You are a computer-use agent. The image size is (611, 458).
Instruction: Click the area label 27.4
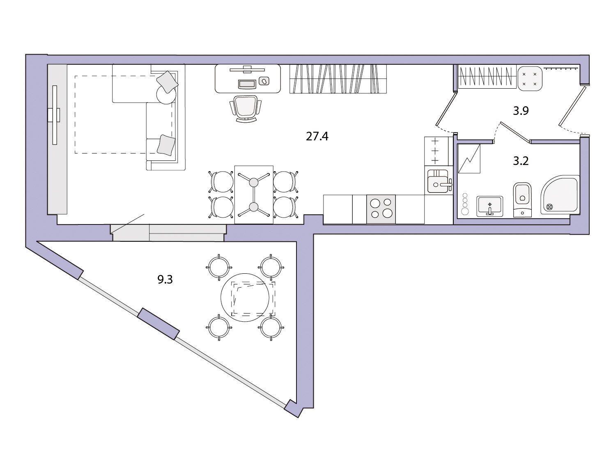(317, 137)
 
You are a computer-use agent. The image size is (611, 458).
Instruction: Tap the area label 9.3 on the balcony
(165, 279)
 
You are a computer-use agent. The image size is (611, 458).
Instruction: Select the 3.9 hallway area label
(521, 111)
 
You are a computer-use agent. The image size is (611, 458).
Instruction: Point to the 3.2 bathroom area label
(521, 161)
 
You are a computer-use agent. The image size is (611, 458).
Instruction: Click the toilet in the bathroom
(522, 199)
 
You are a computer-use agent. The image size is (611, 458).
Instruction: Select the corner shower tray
(560, 195)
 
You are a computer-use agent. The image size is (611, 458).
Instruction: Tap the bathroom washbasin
(489, 206)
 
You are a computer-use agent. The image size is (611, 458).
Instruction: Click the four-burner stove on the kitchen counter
(381, 209)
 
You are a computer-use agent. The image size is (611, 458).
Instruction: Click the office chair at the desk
(246, 108)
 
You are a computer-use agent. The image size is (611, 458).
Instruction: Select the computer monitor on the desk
(247, 69)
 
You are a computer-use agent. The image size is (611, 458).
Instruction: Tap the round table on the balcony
(245, 298)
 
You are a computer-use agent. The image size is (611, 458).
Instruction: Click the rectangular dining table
(254, 195)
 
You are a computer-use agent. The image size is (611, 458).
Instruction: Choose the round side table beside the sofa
(166, 94)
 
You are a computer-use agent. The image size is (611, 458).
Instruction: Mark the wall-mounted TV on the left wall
(55, 115)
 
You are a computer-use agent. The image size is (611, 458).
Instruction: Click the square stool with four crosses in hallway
(530, 78)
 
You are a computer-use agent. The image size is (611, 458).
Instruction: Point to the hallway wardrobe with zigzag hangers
(487, 77)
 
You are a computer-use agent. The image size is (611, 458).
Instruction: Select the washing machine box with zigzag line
(469, 159)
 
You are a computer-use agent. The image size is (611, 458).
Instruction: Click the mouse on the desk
(264, 81)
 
